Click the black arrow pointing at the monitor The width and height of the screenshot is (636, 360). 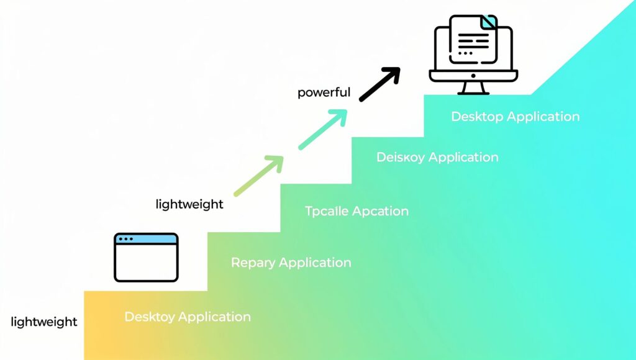click(379, 84)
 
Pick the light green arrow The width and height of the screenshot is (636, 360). click(258, 176)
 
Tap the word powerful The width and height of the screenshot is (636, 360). click(324, 93)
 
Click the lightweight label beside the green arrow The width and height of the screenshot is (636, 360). click(189, 204)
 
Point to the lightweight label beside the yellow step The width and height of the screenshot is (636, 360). click(43, 322)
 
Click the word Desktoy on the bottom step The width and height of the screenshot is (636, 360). click(150, 317)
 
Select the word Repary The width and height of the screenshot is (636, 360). click(253, 263)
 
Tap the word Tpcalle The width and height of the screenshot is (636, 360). click(327, 211)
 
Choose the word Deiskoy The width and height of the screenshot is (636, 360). click(401, 158)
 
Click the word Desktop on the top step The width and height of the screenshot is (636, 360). click(477, 117)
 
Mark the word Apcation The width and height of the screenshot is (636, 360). click(381, 211)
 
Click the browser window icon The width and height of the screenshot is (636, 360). click(146, 257)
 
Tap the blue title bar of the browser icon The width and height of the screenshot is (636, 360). click(146, 239)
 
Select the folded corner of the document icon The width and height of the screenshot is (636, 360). click(489, 22)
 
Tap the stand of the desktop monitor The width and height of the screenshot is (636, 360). click(473, 88)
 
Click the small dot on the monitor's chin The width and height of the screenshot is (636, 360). click(473, 75)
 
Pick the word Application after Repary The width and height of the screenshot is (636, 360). click(314, 263)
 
